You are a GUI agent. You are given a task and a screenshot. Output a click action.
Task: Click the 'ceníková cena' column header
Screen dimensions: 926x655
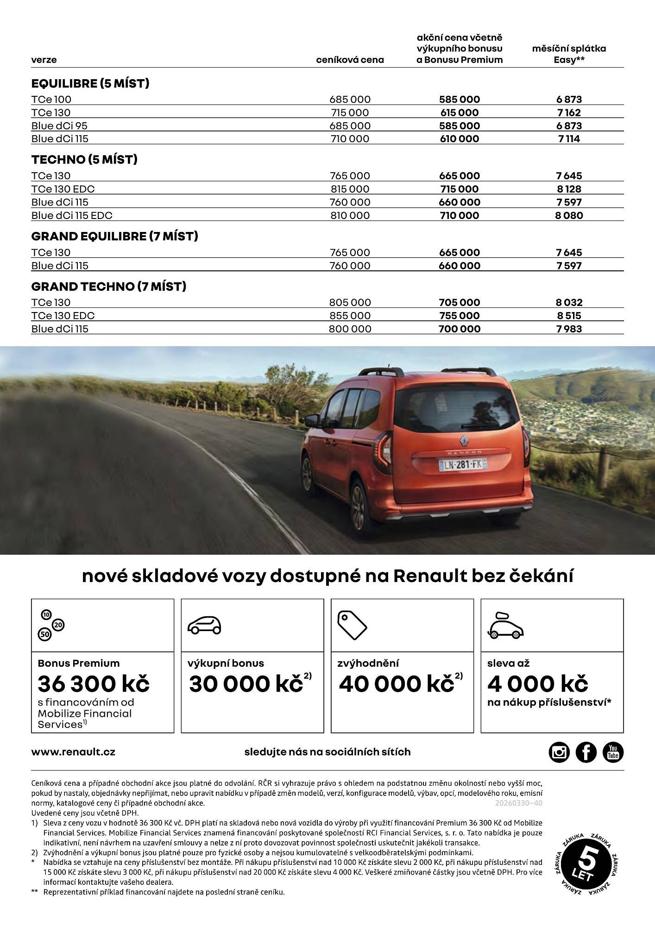(350, 60)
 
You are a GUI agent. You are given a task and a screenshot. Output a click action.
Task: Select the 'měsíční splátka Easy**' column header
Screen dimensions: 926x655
(569, 54)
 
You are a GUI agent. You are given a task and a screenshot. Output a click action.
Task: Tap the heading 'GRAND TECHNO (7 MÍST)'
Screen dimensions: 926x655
(109, 287)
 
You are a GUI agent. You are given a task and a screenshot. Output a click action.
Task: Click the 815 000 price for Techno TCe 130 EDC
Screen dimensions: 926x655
(350, 189)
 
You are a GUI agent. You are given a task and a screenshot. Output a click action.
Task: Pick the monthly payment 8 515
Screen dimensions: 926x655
(569, 316)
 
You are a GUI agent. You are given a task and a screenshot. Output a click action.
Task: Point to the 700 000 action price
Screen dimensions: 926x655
(459, 329)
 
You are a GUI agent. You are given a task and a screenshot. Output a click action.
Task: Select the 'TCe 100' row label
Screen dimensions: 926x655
(51, 100)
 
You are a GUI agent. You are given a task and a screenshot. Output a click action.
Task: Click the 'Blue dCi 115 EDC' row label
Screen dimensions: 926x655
(72, 216)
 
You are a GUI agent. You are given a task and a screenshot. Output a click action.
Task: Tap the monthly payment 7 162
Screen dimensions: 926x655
(569, 113)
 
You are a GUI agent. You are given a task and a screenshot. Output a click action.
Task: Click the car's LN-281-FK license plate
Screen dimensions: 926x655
(462, 464)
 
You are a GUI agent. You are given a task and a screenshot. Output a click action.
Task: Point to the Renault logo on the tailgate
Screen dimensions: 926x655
(463, 440)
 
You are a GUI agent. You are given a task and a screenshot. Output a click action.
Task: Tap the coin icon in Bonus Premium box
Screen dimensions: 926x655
(51, 625)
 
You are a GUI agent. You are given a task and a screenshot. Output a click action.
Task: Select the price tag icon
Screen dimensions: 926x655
(352, 625)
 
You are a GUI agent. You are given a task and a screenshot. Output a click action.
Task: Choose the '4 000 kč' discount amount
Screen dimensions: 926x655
(537, 684)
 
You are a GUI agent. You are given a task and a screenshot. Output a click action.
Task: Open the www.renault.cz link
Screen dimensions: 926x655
(73, 752)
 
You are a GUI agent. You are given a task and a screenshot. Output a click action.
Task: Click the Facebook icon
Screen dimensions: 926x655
(586, 752)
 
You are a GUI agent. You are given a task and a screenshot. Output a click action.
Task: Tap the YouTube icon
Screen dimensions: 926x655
(613, 752)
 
